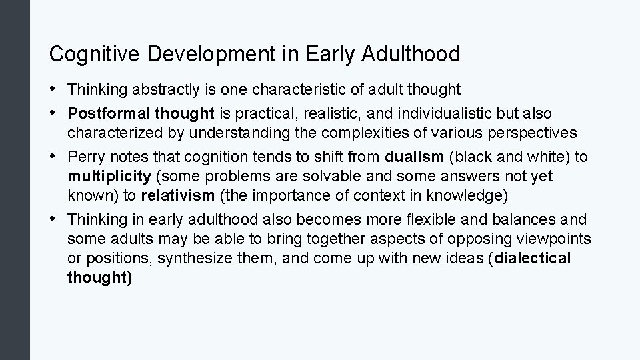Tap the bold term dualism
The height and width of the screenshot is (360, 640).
(x=414, y=157)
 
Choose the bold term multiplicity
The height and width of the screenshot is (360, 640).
(x=109, y=177)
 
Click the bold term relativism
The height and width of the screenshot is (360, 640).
(x=178, y=196)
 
